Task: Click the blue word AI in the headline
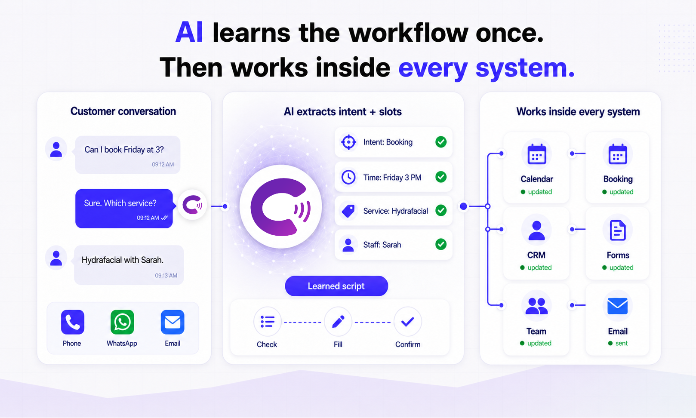point(189,32)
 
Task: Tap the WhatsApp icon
point(122,322)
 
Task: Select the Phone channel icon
point(72,322)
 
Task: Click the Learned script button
point(336,286)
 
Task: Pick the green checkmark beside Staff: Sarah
point(440,244)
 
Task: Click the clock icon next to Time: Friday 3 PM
point(348,177)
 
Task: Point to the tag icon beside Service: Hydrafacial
point(348,211)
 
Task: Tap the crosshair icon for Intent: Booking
point(348,142)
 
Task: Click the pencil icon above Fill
point(338,322)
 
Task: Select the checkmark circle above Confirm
point(407,322)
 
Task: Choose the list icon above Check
point(267,322)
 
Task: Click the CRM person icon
point(536,230)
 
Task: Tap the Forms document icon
point(617,230)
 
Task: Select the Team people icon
point(536,306)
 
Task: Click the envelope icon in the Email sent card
point(617,306)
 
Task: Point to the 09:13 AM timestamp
point(166,276)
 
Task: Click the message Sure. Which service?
point(120,203)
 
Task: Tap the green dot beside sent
point(610,343)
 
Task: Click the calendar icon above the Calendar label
point(536,154)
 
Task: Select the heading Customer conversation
point(123,111)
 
